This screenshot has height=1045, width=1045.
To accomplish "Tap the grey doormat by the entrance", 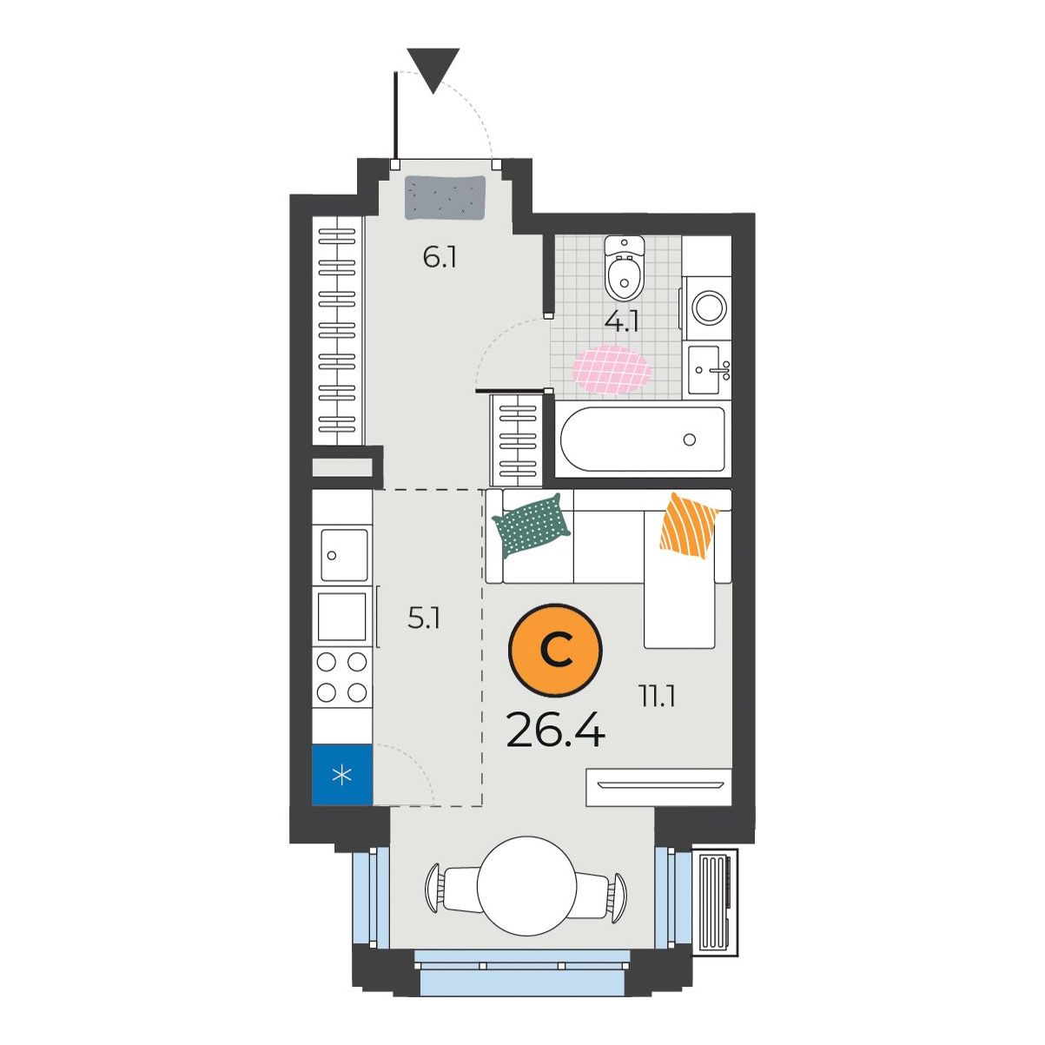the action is [x=446, y=197].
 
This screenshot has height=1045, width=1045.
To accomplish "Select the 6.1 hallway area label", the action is [x=440, y=258].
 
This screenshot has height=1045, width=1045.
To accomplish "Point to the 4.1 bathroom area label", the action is [x=623, y=322].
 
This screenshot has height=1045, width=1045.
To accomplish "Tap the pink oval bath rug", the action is [x=612, y=369].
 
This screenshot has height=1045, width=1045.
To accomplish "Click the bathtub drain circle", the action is [x=689, y=440].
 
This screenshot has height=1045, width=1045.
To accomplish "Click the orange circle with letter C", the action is [x=555, y=649].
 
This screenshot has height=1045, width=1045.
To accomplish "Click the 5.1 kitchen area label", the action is [x=425, y=618].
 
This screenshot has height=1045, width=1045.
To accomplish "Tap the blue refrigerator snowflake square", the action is [x=342, y=775].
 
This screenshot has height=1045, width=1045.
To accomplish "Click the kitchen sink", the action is [x=344, y=555].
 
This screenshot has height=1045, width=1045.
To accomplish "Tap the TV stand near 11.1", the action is [x=659, y=786].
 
